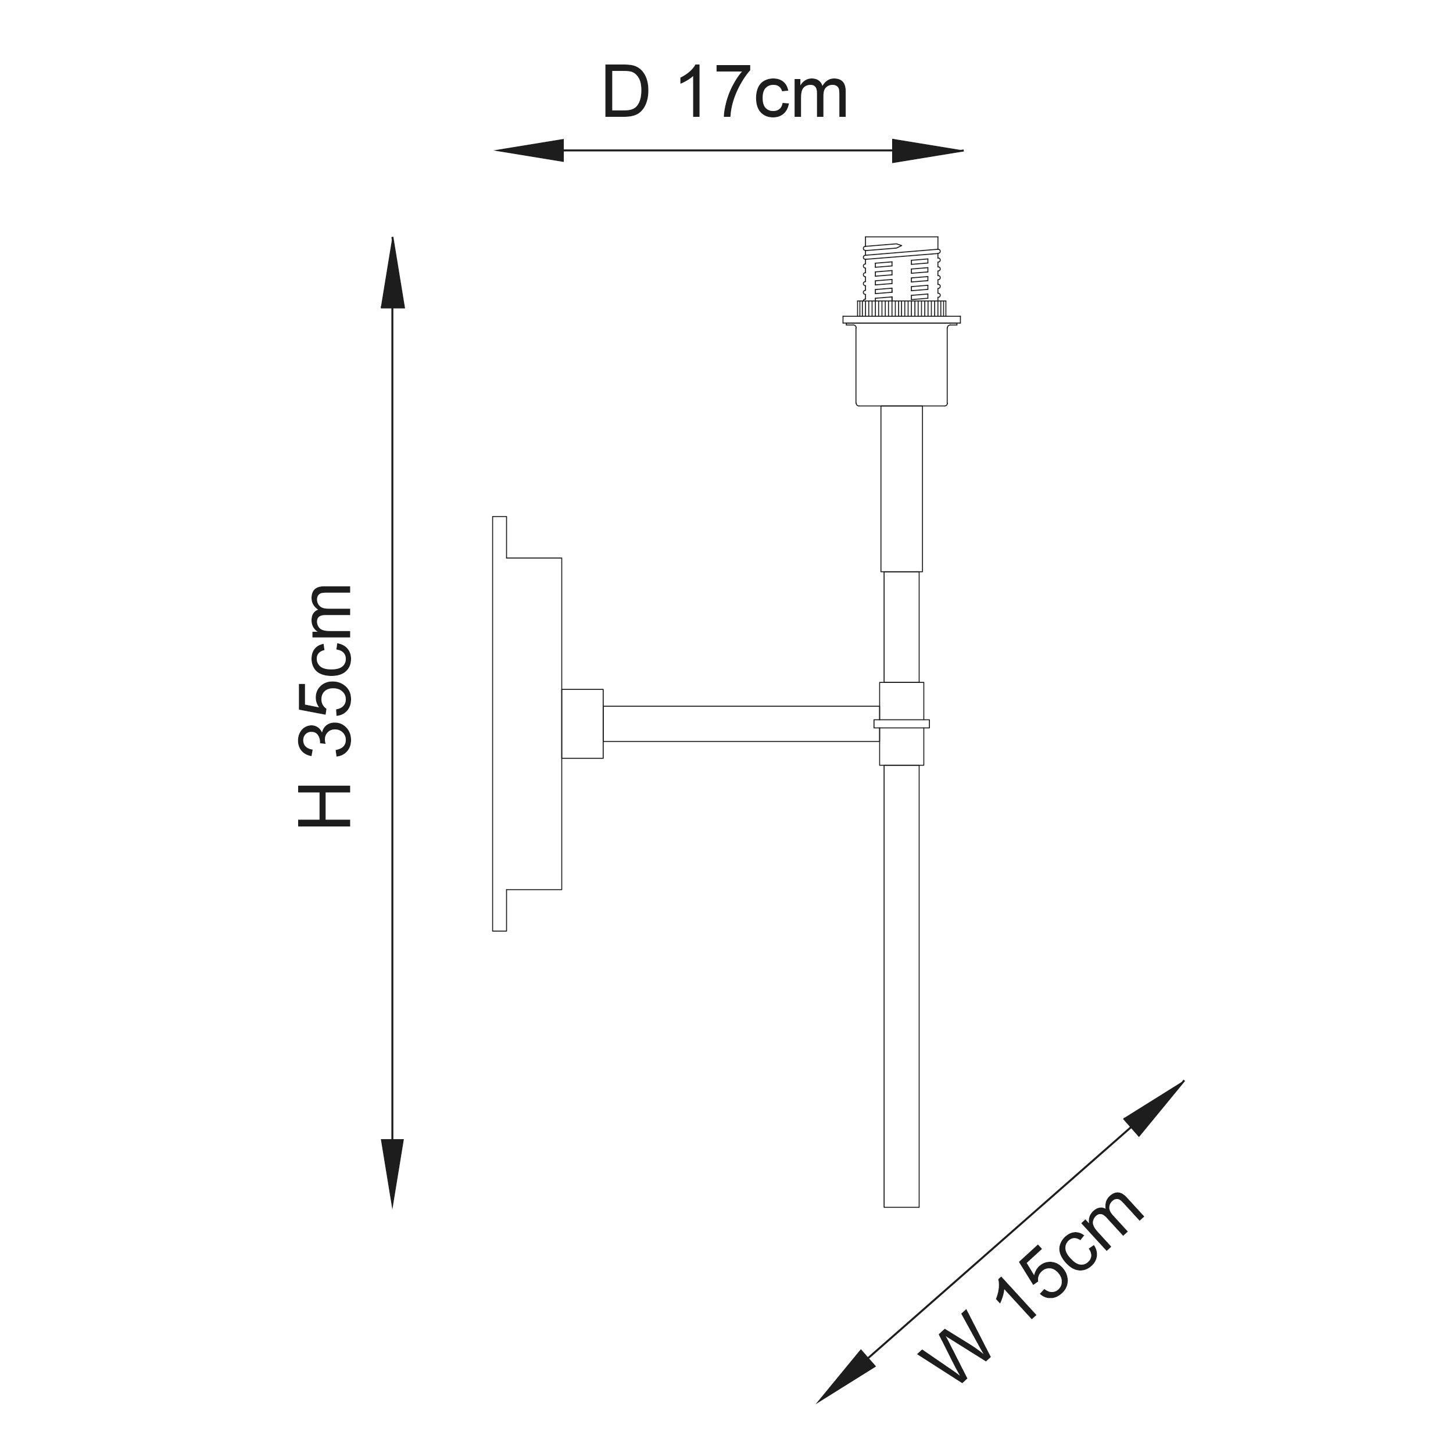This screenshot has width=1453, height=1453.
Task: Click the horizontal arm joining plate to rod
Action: pos(741,724)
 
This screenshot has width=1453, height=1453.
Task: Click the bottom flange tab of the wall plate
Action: pos(499,911)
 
